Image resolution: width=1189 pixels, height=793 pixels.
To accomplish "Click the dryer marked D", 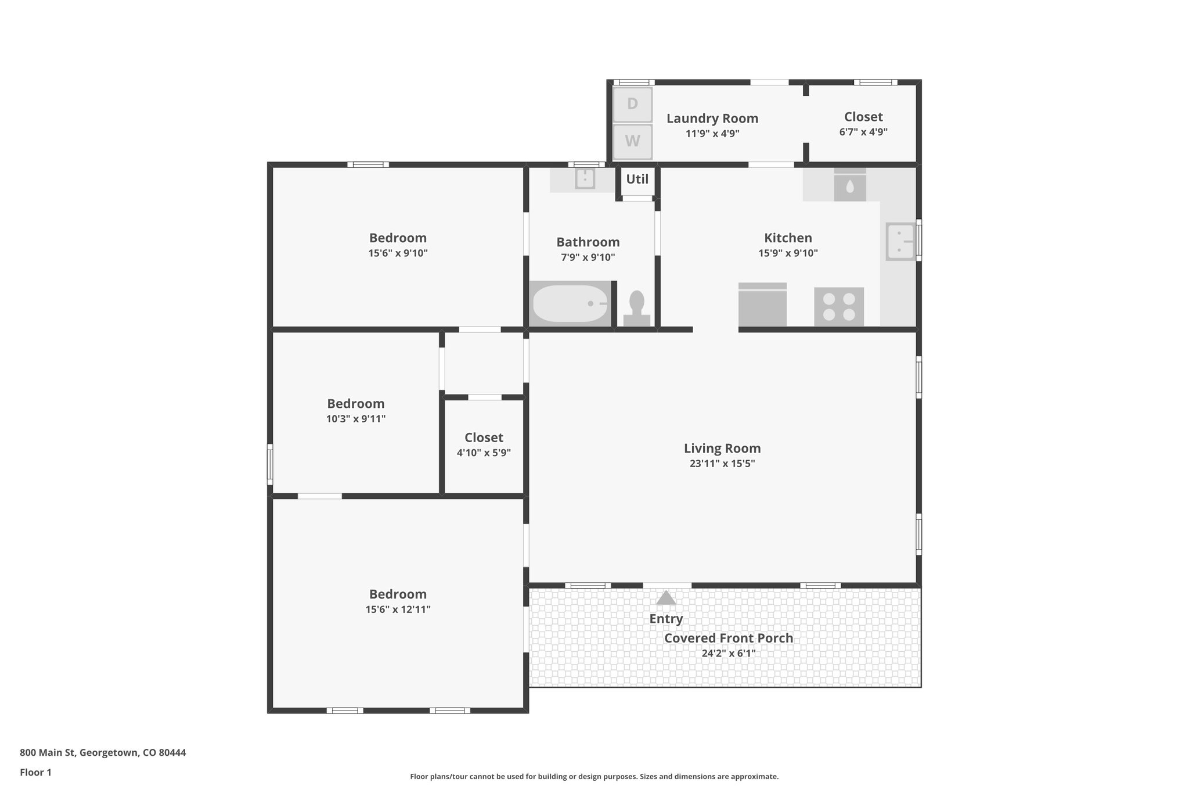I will (x=632, y=104).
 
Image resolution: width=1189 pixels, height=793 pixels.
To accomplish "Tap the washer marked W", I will (x=632, y=141).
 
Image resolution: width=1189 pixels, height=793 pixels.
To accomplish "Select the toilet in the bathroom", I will (x=637, y=308).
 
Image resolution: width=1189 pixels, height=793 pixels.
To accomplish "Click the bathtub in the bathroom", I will (x=570, y=303).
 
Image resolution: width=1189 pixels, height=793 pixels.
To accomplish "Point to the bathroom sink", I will (x=585, y=178).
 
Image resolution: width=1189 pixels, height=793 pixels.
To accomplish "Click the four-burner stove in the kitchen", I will (x=838, y=307).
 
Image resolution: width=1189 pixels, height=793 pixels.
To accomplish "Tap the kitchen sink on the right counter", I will (x=899, y=241).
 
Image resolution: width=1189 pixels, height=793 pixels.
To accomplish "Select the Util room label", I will (x=637, y=179).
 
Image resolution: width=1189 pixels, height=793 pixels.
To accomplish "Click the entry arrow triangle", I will (x=666, y=598).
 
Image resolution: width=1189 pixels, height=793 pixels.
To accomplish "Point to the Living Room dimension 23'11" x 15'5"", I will (x=722, y=464).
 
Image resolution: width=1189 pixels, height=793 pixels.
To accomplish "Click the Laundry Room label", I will (x=712, y=119).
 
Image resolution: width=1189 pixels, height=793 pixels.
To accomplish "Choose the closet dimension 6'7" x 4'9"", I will (x=863, y=132).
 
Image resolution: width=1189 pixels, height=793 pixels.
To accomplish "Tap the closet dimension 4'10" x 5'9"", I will (x=484, y=453).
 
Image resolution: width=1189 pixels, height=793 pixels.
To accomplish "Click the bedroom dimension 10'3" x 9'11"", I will (x=355, y=419).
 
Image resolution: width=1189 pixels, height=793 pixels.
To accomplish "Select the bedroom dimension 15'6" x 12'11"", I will (x=398, y=609).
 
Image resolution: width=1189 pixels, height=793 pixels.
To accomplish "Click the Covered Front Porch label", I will (x=728, y=638).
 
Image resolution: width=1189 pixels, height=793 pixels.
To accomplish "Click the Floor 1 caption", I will (x=35, y=772).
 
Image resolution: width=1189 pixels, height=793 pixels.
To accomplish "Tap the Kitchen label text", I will (x=787, y=238).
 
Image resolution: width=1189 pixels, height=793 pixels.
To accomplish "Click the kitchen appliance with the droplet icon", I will (x=849, y=186).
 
